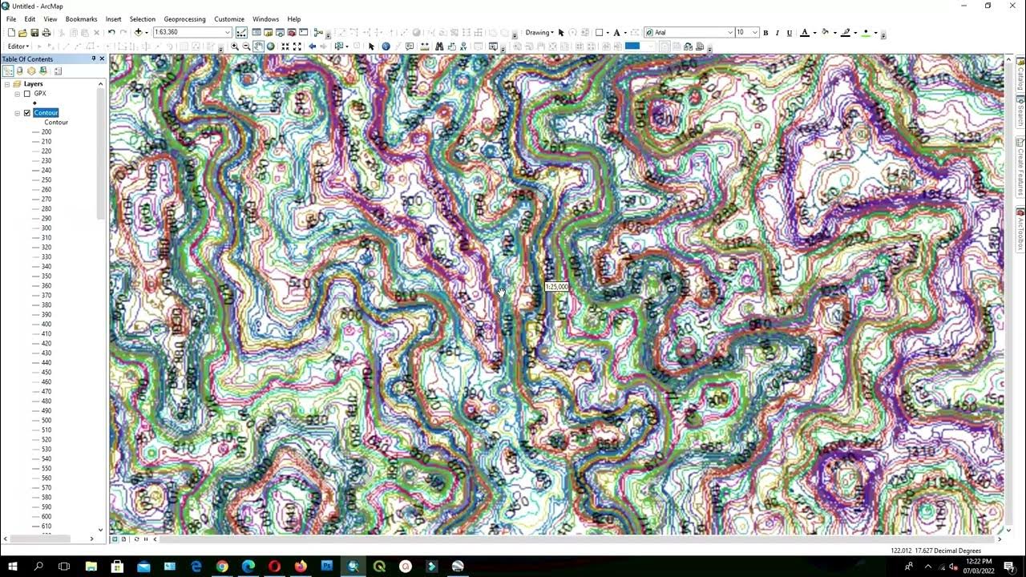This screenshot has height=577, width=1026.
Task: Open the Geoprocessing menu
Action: [x=184, y=19]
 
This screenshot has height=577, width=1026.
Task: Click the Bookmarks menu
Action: [x=81, y=19]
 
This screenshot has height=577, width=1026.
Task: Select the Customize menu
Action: [x=229, y=19]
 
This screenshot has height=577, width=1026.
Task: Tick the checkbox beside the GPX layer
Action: [x=27, y=94]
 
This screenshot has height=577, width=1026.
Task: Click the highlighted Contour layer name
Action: [x=46, y=113]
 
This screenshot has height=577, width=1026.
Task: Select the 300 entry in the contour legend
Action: [x=46, y=228]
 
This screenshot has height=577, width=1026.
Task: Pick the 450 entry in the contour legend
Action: [x=46, y=373]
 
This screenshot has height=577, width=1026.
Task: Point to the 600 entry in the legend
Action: [x=46, y=517]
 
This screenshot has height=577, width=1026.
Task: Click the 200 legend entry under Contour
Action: [x=46, y=132]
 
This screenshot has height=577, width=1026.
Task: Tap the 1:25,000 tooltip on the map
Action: [x=556, y=287]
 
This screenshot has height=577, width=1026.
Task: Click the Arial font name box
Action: [x=689, y=33]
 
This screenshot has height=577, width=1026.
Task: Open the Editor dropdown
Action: [x=19, y=46]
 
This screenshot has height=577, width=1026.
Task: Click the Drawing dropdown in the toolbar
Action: [x=539, y=33]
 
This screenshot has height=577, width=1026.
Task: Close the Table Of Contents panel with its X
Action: [x=102, y=59]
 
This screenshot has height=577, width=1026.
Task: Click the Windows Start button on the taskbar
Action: [x=13, y=567]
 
